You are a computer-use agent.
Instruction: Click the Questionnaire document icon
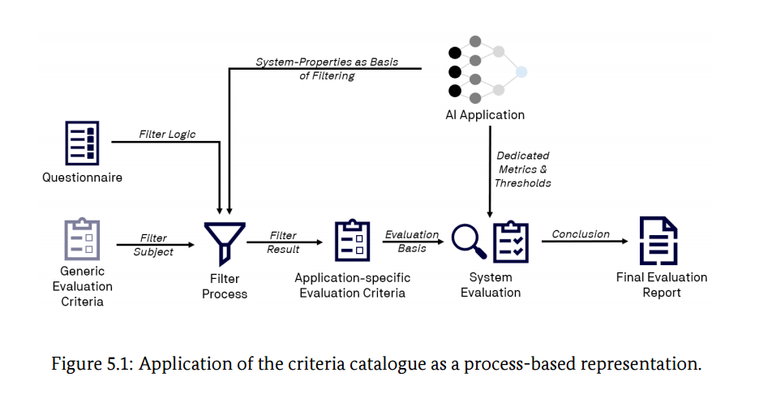82,144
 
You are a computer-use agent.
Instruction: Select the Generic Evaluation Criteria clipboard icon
82,239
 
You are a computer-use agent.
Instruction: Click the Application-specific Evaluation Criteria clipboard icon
353,241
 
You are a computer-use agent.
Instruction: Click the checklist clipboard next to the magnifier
511,242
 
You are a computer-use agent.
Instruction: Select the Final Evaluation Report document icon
658,241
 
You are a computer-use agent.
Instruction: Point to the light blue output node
521,72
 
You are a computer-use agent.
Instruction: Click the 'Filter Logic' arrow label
168,134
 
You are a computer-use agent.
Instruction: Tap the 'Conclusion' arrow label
581,234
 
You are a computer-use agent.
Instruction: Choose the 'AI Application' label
485,114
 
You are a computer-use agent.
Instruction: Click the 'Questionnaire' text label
82,178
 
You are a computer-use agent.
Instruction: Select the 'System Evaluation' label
491,285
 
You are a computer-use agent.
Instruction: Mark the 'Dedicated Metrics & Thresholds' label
523,169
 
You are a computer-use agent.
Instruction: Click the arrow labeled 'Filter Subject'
155,245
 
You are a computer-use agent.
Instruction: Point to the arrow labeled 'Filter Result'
285,242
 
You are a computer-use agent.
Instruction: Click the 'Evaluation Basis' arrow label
412,242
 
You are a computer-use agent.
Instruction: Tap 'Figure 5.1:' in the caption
92,363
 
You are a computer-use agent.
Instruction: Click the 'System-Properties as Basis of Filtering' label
327,69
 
